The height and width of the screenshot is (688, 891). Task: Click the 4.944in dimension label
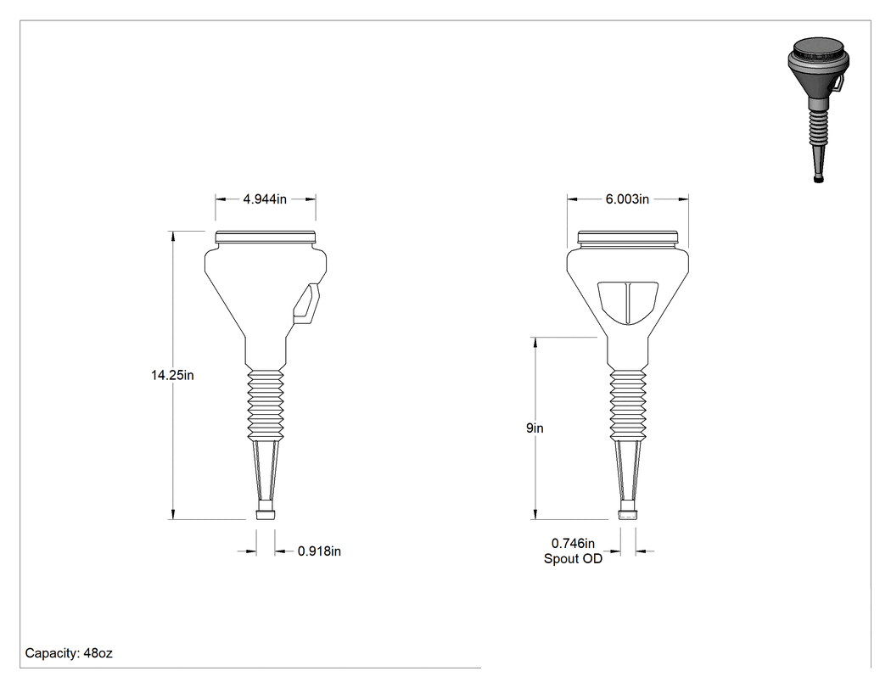pyautogui.click(x=265, y=199)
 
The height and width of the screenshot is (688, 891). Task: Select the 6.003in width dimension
pyautogui.click(x=627, y=199)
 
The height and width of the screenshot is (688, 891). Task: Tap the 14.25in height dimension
pyautogui.click(x=172, y=375)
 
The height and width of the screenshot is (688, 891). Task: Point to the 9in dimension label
pyautogui.click(x=535, y=428)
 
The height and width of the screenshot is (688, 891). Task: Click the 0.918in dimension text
pyautogui.click(x=319, y=551)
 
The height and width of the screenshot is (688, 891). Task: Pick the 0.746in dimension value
pyautogui.click(x=574, y=544)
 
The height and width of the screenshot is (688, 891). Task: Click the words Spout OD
pyautogui.click(x=573, y=558)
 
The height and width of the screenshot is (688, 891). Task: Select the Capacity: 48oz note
pyautogui.click(x=69, y=652)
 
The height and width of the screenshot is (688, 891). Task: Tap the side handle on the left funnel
pyautogui.click(x=307, y=304)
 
